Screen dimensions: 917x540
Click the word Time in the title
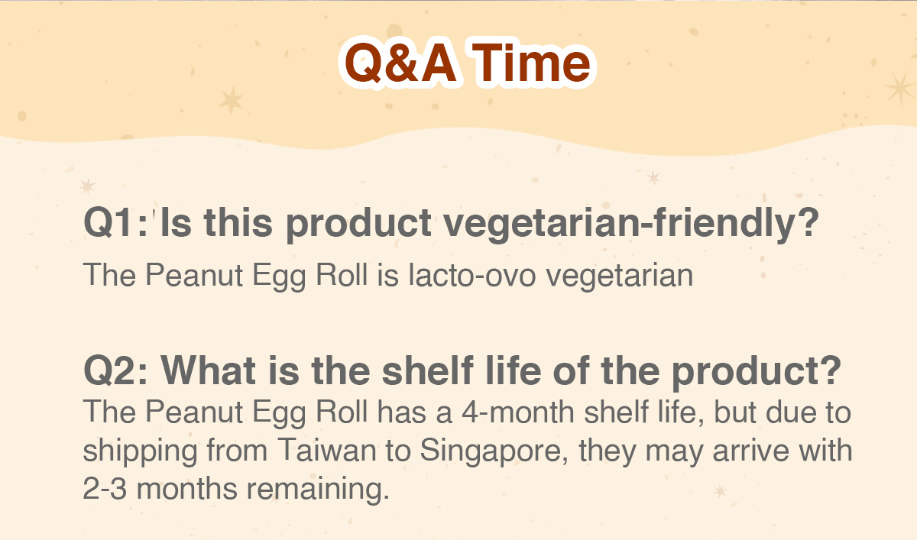[x=531, y=63]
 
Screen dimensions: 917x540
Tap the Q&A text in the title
[x=400, y=64]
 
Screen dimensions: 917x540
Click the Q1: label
[x=115, y=222]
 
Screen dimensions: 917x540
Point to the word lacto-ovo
[x=472, y=274]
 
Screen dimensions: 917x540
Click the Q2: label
[x=115, y=370]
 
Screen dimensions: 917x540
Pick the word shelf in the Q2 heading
[x=427, y=370]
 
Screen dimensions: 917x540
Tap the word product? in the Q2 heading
[x=756, y=372]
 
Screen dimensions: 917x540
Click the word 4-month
[x=518, y=412]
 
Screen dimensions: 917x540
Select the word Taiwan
[x=327, y=450]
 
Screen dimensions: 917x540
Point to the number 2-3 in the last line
[x=105, y=489]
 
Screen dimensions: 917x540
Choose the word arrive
[x=750, y=451]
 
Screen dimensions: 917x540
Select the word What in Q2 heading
[x=208, y=370]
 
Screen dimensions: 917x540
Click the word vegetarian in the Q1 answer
[x=620, y=276]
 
